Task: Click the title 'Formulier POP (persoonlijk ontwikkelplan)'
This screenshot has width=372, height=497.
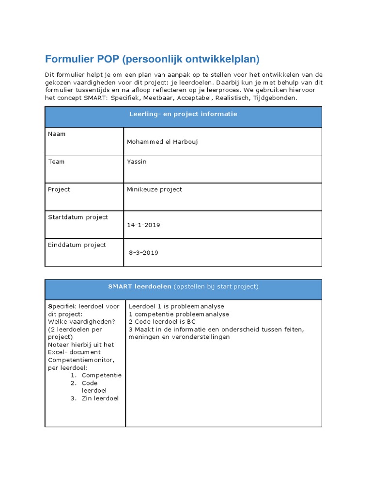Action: (x=152, y=59)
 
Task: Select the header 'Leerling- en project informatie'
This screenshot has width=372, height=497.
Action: (x=183, y=114)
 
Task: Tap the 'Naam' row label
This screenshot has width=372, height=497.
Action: (x=57, y=134)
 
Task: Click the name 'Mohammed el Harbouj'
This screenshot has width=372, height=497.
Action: (x=162, y=142)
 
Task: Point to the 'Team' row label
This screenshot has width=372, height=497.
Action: (x=56, y=162)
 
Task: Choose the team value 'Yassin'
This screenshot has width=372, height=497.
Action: (x=136, y=162)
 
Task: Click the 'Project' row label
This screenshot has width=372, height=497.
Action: (x=59, y=189)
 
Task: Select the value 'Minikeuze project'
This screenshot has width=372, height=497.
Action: (x=154, y=189)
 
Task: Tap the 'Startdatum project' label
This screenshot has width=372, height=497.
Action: (x=78, y=217)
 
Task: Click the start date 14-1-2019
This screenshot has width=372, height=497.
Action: (x=143, y=225)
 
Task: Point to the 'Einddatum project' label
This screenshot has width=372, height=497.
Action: (x=77, y=245)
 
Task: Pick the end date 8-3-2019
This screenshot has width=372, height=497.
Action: (x=143, y=253)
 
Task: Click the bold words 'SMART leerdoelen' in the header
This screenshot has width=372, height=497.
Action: (x=139, y=286)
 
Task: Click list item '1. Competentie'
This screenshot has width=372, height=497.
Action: (x=96, y=375)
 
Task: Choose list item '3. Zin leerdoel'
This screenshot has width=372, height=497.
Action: (x=96, y=398)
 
